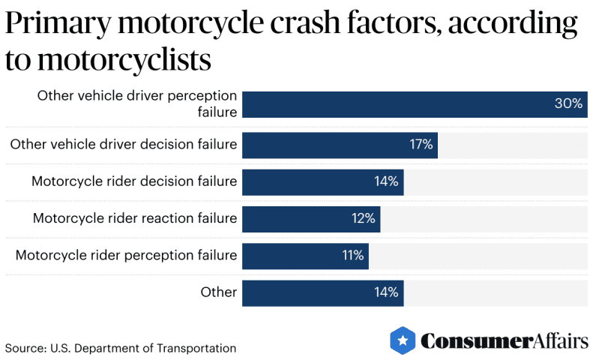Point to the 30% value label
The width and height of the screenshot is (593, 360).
point(568,104)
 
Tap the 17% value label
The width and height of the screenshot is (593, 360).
point(421,145)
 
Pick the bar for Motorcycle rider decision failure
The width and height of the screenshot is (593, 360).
point(322,181)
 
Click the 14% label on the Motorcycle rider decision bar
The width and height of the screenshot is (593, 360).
point(386,181)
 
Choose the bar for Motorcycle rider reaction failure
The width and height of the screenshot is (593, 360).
point(310,218)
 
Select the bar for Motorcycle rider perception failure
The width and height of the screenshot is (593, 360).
point(304,256)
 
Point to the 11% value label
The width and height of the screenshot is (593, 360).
point(352,256)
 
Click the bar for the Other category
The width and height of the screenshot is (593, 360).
point(322,292)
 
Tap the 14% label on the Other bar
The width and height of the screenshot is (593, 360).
point(386,292)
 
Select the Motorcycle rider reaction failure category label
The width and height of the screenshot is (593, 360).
point(135,218)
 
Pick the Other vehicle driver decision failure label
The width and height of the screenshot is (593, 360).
point(124,145)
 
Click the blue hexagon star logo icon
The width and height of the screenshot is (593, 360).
point(403,340)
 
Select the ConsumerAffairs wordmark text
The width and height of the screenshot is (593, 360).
point(504,341)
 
